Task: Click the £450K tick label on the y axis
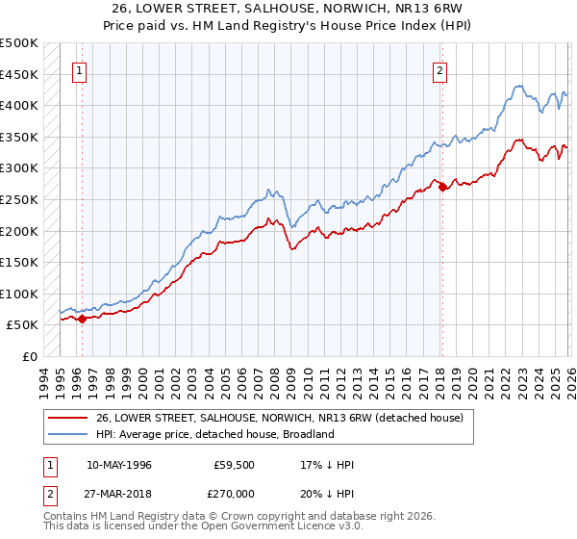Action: coord(19,74)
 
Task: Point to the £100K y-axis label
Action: coord(19,294)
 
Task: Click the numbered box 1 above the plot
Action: coord(78,69)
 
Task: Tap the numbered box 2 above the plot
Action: coord(439,69)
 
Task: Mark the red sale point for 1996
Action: coord(82,319)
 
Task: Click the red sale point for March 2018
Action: coord(442,188)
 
